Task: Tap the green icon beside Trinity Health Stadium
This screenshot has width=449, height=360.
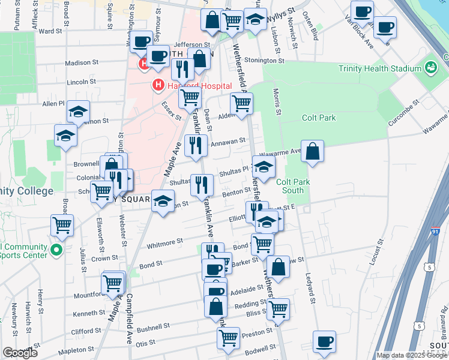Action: [430, 68]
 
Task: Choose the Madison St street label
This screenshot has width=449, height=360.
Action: [82, 62]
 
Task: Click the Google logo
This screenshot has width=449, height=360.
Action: [20, 353]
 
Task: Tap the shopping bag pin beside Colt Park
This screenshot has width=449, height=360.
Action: [313, 152]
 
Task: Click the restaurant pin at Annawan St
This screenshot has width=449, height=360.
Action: [196, 146]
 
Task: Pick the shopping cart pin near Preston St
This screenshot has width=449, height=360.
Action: [228, 339]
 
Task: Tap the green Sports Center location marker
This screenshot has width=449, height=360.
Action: [56, 250]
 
